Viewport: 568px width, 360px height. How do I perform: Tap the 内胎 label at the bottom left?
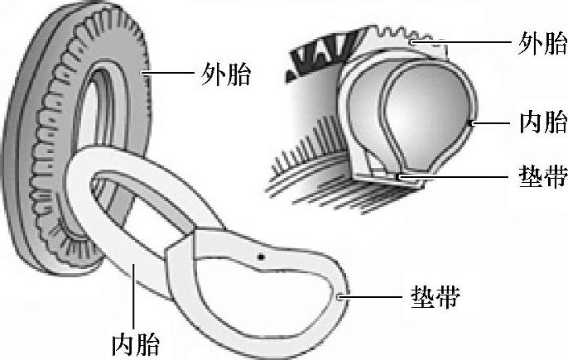(x=135, y=342)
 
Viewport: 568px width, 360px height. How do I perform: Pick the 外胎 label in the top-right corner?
(x=542, y=41)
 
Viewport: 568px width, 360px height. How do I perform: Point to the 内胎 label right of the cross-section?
(x=542, y=123)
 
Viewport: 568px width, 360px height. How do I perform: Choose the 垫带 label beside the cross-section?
(x=542, y=175)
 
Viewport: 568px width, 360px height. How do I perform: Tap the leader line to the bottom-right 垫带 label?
(x=373, y=295)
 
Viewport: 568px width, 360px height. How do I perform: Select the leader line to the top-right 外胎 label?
(x=464, y=41)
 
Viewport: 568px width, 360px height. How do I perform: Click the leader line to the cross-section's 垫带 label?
(x=455, y=175)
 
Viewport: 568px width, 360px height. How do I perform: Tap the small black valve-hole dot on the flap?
(x=261, y=256)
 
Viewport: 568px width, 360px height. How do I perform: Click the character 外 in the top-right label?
(x=528, y=41)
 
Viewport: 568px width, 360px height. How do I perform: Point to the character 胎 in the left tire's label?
(x=239, y=76)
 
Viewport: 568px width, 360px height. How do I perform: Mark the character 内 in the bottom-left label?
(x=122, y=342)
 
